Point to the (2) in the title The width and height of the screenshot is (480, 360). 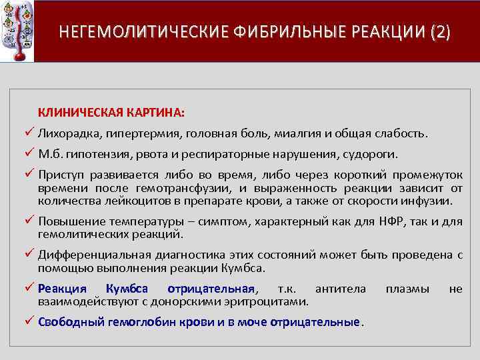[x=440, y=32]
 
